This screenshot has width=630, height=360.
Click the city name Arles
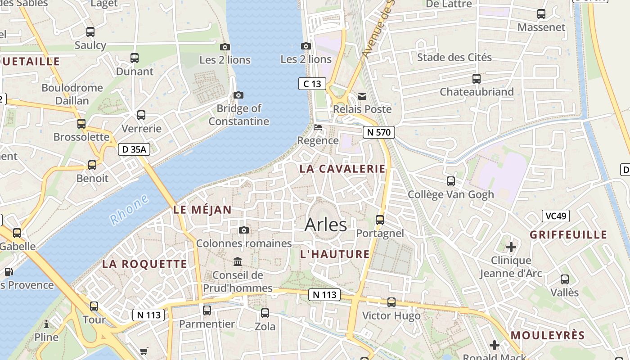tap(326, 225)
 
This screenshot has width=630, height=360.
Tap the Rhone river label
tap(129, 209)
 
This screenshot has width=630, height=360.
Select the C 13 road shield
tap(312, 83)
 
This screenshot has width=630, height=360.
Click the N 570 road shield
tap(379, 132)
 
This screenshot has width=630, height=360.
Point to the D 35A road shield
tap(134, 149)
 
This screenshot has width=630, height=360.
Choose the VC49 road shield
tap(555, 216)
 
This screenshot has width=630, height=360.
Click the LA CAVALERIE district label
tap(342, 169)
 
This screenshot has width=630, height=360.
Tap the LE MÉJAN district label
tap(202, 209)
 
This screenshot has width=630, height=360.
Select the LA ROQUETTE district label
tap(144, 264)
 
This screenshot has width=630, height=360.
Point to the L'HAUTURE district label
tap(335, 254)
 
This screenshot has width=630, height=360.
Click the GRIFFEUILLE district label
tap(568, 234)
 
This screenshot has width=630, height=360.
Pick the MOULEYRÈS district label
tap(548, 335)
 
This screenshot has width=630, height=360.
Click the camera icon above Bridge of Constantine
tap(238, 95)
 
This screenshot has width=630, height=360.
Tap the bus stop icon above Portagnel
tap(380, 220)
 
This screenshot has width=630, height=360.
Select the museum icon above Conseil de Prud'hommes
tap(238, 261)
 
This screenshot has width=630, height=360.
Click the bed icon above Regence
tap(318, 127)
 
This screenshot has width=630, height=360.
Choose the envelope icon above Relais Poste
tap(362, 96)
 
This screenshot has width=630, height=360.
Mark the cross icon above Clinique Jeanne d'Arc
tap(511, 247)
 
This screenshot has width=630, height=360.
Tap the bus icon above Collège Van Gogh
tap(451, 181)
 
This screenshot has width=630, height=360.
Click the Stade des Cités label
tap(454, 57)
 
